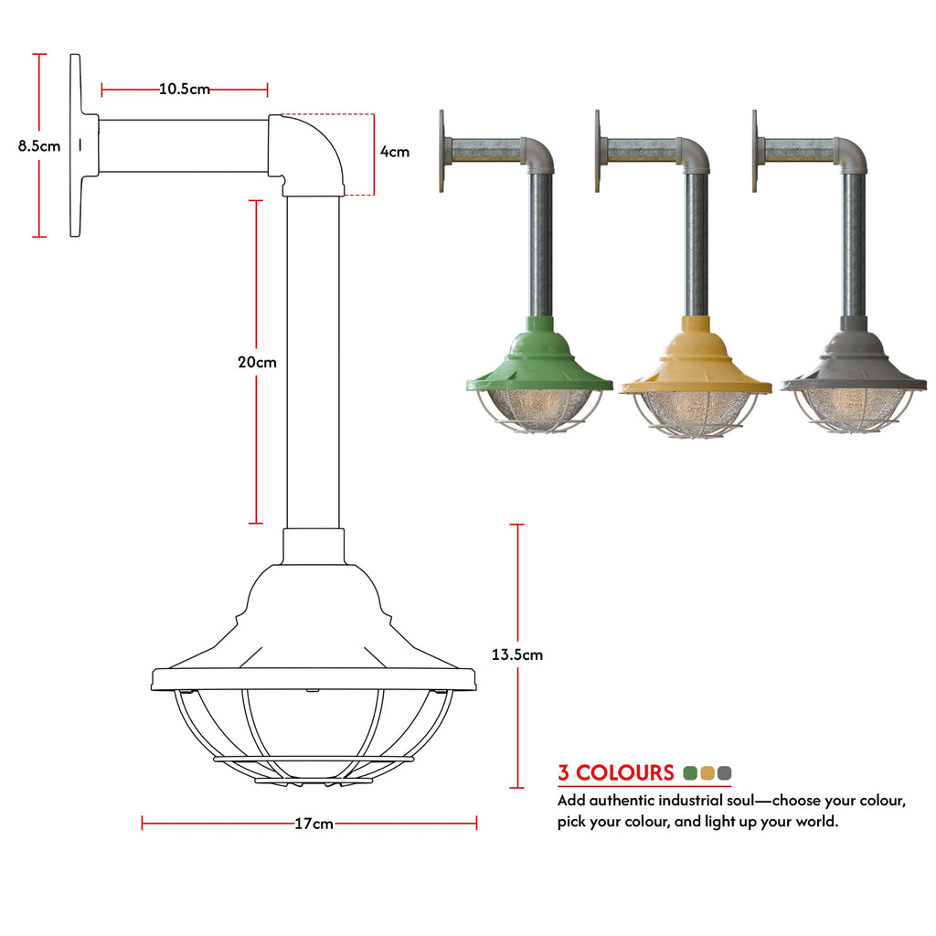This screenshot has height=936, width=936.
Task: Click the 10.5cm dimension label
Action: tap(185, 90)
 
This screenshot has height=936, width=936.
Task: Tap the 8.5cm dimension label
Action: tap(38, 145)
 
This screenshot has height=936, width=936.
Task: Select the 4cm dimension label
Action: tap(395, 152)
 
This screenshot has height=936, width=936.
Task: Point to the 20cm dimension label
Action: tap(257, 362)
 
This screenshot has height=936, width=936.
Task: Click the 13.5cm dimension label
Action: tap(517, 654)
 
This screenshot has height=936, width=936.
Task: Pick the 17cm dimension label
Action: tap(314, 824)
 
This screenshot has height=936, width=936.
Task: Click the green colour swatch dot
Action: tap(691, 773)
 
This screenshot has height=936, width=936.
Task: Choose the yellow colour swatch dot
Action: tap(707, 773)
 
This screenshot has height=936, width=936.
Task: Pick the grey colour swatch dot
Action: tap(724, 773)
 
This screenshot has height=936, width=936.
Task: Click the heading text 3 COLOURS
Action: tap(616, 773)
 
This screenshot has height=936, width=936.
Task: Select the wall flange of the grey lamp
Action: tap(755, 151)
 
